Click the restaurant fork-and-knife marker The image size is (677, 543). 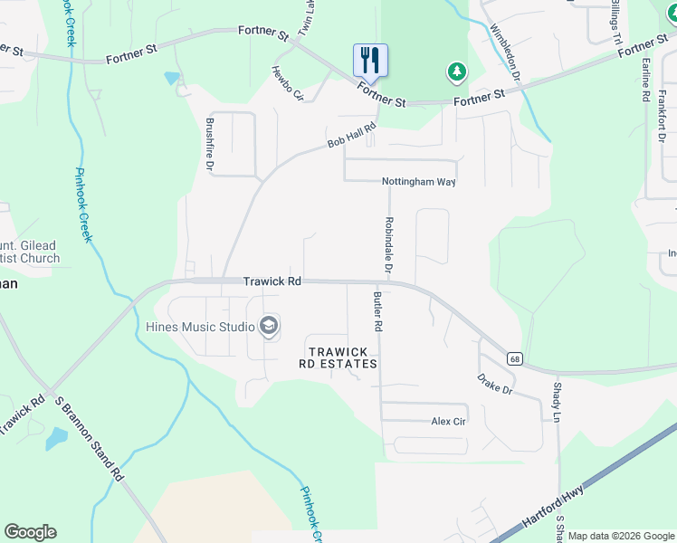tap(370, 61)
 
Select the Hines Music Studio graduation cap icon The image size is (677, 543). tap(268, 326)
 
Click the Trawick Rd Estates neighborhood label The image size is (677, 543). tap(338, 357)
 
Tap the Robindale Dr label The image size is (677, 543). tap(389, 245)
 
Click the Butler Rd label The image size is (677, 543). tap(377, 310)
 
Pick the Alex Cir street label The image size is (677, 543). tap(448, 422)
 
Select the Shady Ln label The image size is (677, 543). tap(557, 403)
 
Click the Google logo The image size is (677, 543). tap(30, 532)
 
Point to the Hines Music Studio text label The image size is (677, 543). tap(200, 326)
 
